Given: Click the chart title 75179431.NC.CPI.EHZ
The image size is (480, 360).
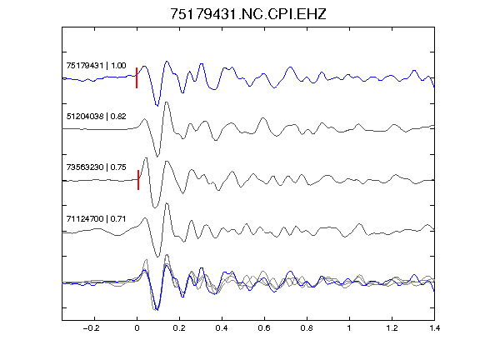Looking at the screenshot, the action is tap(248, 14).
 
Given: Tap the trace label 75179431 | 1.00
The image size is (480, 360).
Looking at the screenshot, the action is tap(96, 66).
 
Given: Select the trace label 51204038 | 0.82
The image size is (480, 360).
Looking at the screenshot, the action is tap(96, 117).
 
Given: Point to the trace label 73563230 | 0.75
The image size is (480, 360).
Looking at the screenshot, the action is tap(96, 167).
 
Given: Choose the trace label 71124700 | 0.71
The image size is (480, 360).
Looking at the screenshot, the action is tap(96, 219).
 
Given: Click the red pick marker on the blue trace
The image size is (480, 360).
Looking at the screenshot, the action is tap(137, 77).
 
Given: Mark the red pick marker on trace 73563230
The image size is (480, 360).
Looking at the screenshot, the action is tap(138, 180).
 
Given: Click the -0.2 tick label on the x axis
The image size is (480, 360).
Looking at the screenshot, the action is tap(92, 328).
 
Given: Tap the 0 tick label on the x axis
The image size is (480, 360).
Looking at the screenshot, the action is tap(137, 328).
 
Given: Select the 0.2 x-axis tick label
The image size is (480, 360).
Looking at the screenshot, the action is tap(179, 328).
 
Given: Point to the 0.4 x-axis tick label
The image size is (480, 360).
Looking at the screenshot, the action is tap(222, 328).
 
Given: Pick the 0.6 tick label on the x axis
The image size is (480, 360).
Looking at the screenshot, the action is tap(264, 328).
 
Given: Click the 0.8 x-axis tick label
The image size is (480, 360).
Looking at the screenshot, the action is tap(307, 328).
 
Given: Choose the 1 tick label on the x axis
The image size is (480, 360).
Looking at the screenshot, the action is tap(349, 328).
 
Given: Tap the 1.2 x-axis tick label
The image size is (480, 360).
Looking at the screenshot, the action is tap(392, 328).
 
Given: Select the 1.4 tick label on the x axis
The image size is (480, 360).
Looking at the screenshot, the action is tap(434, 328).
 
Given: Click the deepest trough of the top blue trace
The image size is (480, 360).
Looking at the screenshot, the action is tap(157, 106).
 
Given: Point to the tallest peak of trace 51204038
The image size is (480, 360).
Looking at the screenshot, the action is tap(167, 102).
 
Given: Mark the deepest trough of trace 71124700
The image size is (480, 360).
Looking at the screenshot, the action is tap(158, 257).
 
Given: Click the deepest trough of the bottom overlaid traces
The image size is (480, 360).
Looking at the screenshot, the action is tap(157, 310).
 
